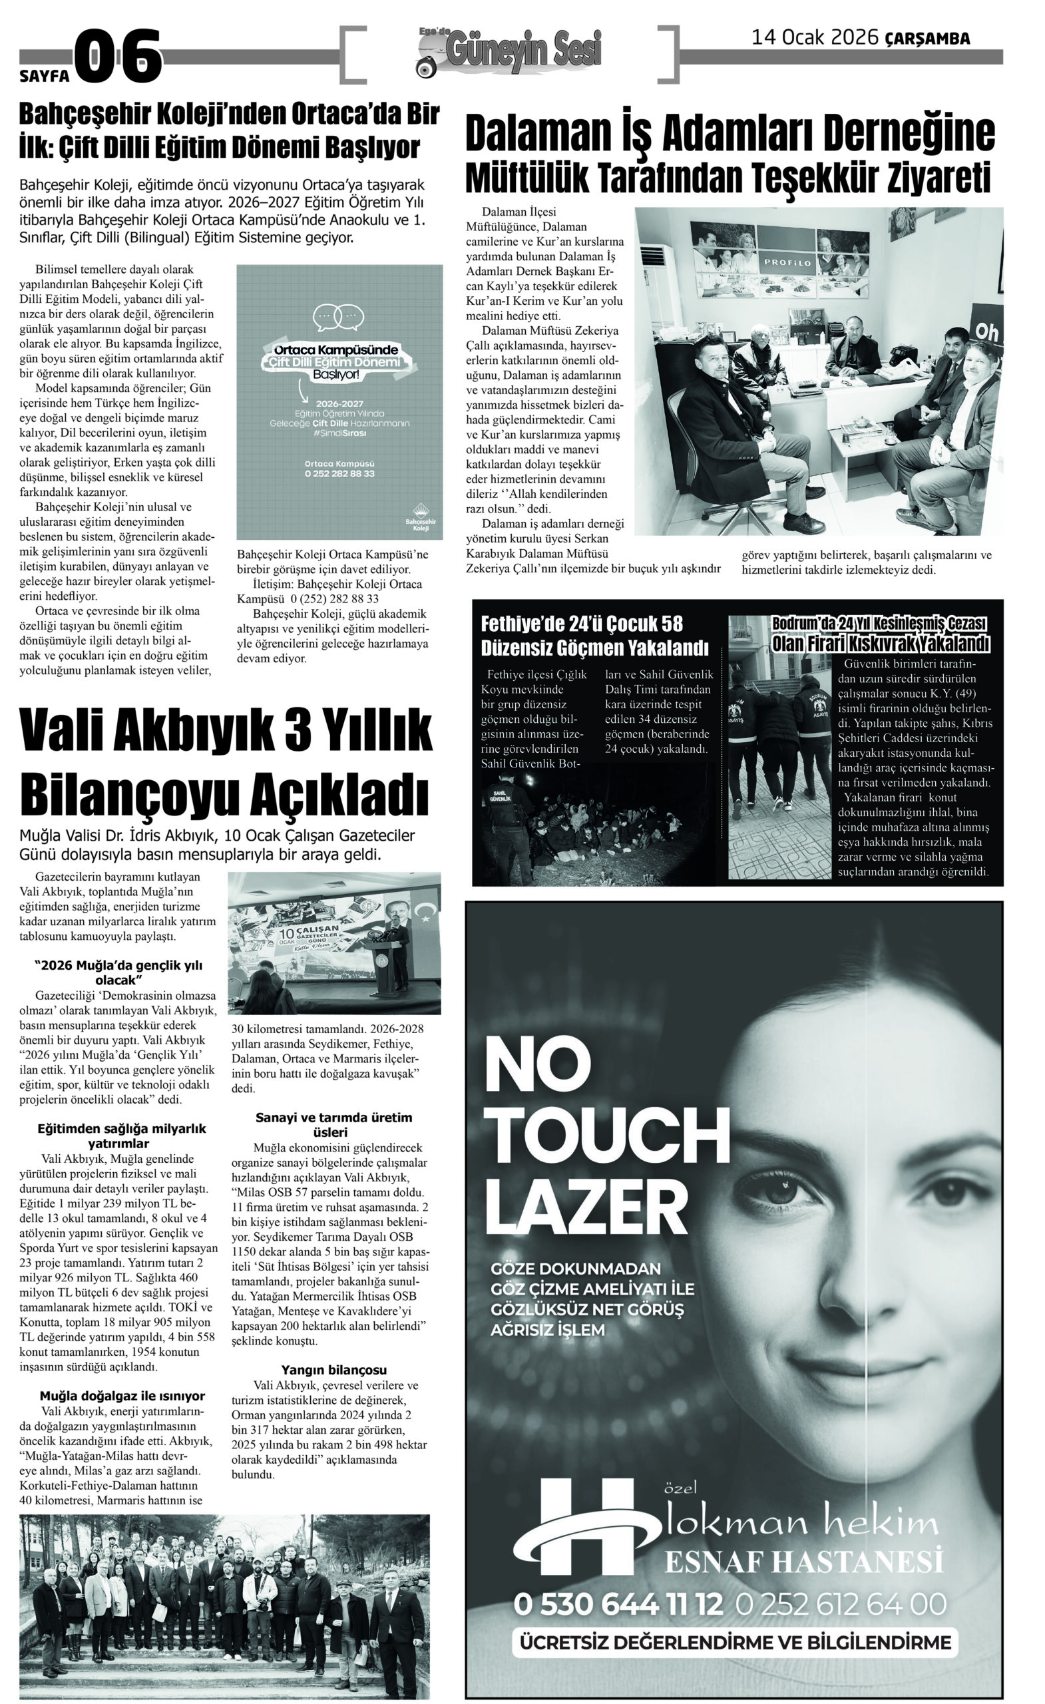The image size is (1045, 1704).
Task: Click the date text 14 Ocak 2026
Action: coord(815,37)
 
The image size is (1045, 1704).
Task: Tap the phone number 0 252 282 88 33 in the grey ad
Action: coord(339,474)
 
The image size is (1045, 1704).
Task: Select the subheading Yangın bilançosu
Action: coord(333,1370)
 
